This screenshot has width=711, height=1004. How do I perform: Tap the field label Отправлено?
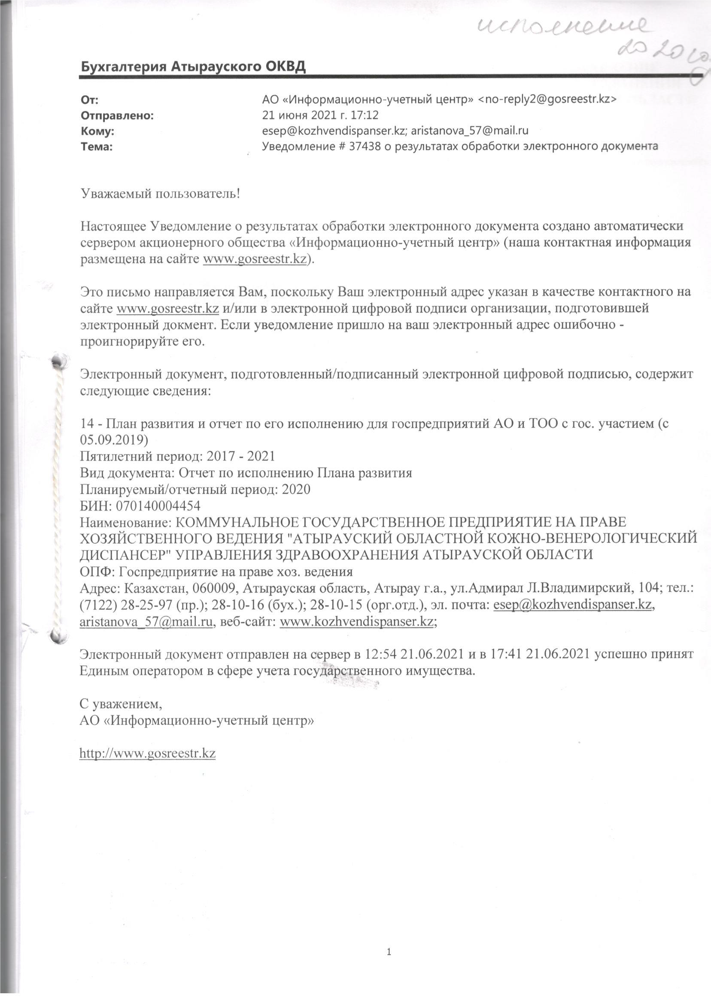[117, 116]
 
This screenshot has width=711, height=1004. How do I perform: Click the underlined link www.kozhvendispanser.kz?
[356, 621]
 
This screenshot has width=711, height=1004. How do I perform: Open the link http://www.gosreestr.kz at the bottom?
[148, 754]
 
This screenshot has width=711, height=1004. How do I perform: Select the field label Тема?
[97, 147]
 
